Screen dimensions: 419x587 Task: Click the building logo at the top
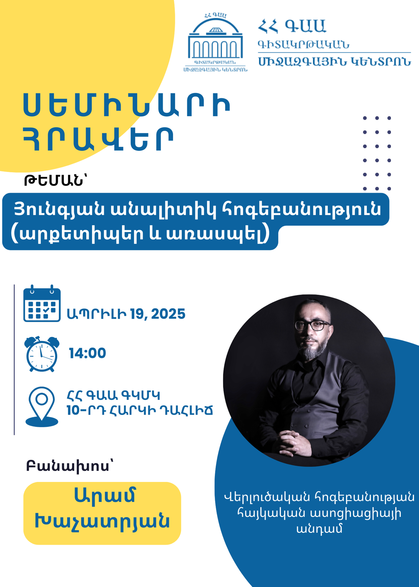click(215, 43)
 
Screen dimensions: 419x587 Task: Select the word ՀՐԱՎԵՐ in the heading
click(99, 140)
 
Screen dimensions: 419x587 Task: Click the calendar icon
click(42, 303)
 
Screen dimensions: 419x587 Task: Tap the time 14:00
click(87, 353)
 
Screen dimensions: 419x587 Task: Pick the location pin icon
click(42, 407)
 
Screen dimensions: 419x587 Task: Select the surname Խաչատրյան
click(102, 521)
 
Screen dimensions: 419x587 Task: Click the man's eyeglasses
click(312, 325)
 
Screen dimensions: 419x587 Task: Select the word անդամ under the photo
click(320, 529)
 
